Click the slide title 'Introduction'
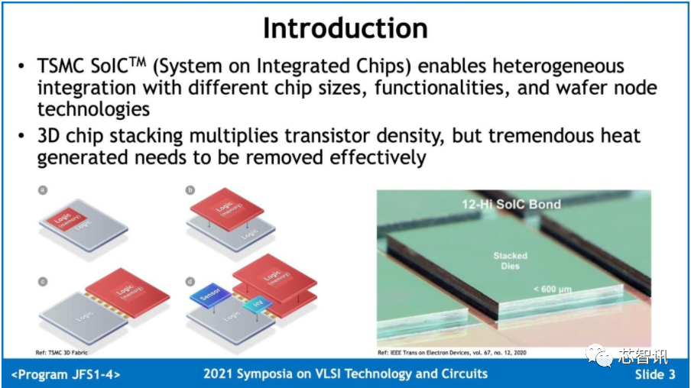coord(345,28)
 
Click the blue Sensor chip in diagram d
coord(204,296)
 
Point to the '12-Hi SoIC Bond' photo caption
coord(511,204)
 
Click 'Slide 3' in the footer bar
coord(654,374)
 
